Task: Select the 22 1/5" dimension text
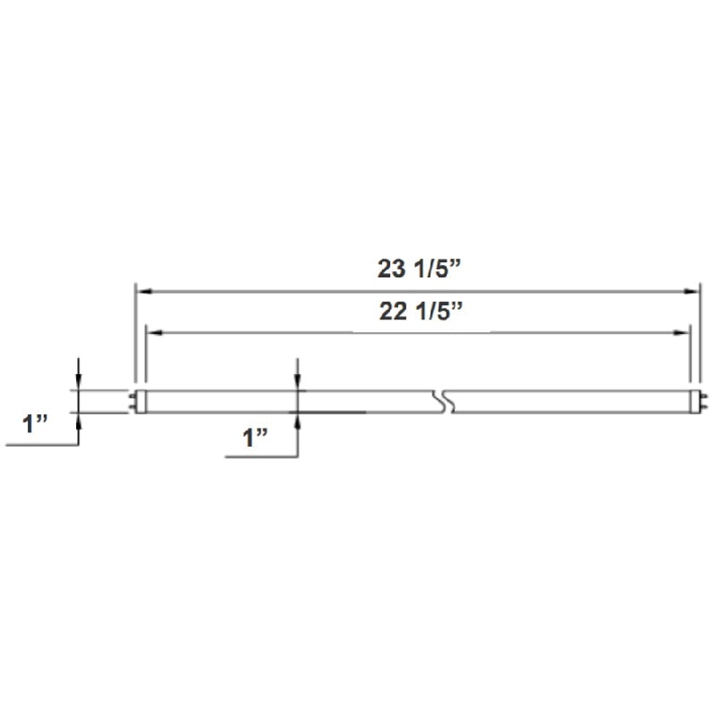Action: (x=418, y=311)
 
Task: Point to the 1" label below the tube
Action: (x=256, y=438)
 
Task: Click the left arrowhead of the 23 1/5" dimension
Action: (x=141, y=292)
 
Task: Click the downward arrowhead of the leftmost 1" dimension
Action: (x=80, y=384)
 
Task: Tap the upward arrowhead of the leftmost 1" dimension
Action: (x=80, y=420)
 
